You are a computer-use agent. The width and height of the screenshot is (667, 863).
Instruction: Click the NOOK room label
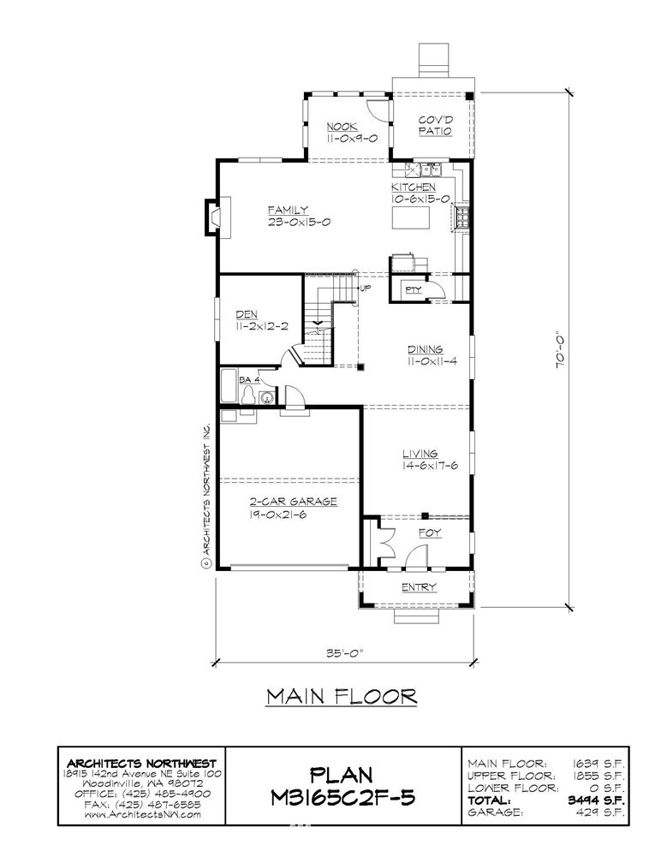coord(341,127)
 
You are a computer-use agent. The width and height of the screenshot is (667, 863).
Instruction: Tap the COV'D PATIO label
coord(435,126)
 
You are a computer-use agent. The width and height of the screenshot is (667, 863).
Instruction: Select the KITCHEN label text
coord(414,187)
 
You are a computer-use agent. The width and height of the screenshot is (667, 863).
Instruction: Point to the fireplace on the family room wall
coord(218,217)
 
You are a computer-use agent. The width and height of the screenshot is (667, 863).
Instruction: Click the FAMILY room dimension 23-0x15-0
coord(299,222)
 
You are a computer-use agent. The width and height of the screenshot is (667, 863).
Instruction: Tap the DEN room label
coord(247,314)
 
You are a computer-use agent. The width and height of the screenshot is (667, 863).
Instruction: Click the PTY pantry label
coord(413,289)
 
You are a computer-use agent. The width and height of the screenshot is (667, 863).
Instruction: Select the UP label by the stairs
coord(366,288)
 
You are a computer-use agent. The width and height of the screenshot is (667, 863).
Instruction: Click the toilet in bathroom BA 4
coord(248,396)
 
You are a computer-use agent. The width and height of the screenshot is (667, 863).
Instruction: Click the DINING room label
coord(425,349)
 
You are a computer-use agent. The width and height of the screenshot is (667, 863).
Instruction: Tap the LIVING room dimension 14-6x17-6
coord(431,466)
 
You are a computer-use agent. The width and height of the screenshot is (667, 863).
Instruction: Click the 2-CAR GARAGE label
coord(294,502)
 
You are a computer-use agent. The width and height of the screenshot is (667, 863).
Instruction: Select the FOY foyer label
coord(430,533)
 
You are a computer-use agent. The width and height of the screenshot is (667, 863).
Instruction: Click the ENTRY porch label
coord(418,587)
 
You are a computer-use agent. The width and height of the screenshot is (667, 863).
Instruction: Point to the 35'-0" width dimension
coord(345,654)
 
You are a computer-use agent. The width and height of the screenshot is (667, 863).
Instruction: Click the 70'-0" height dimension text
coord(560,348)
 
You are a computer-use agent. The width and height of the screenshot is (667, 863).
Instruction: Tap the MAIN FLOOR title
coord(342,696)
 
